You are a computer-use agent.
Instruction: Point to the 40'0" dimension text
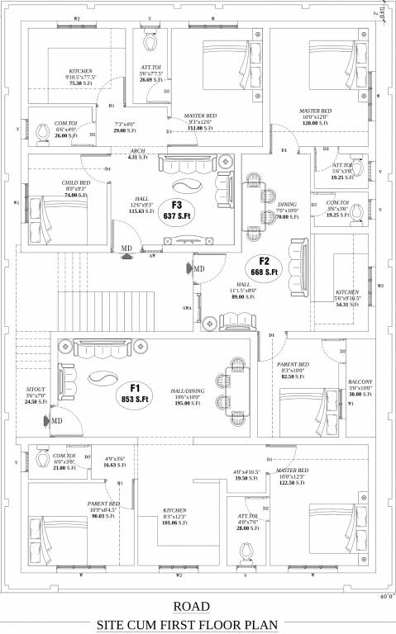pos(384,595)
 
